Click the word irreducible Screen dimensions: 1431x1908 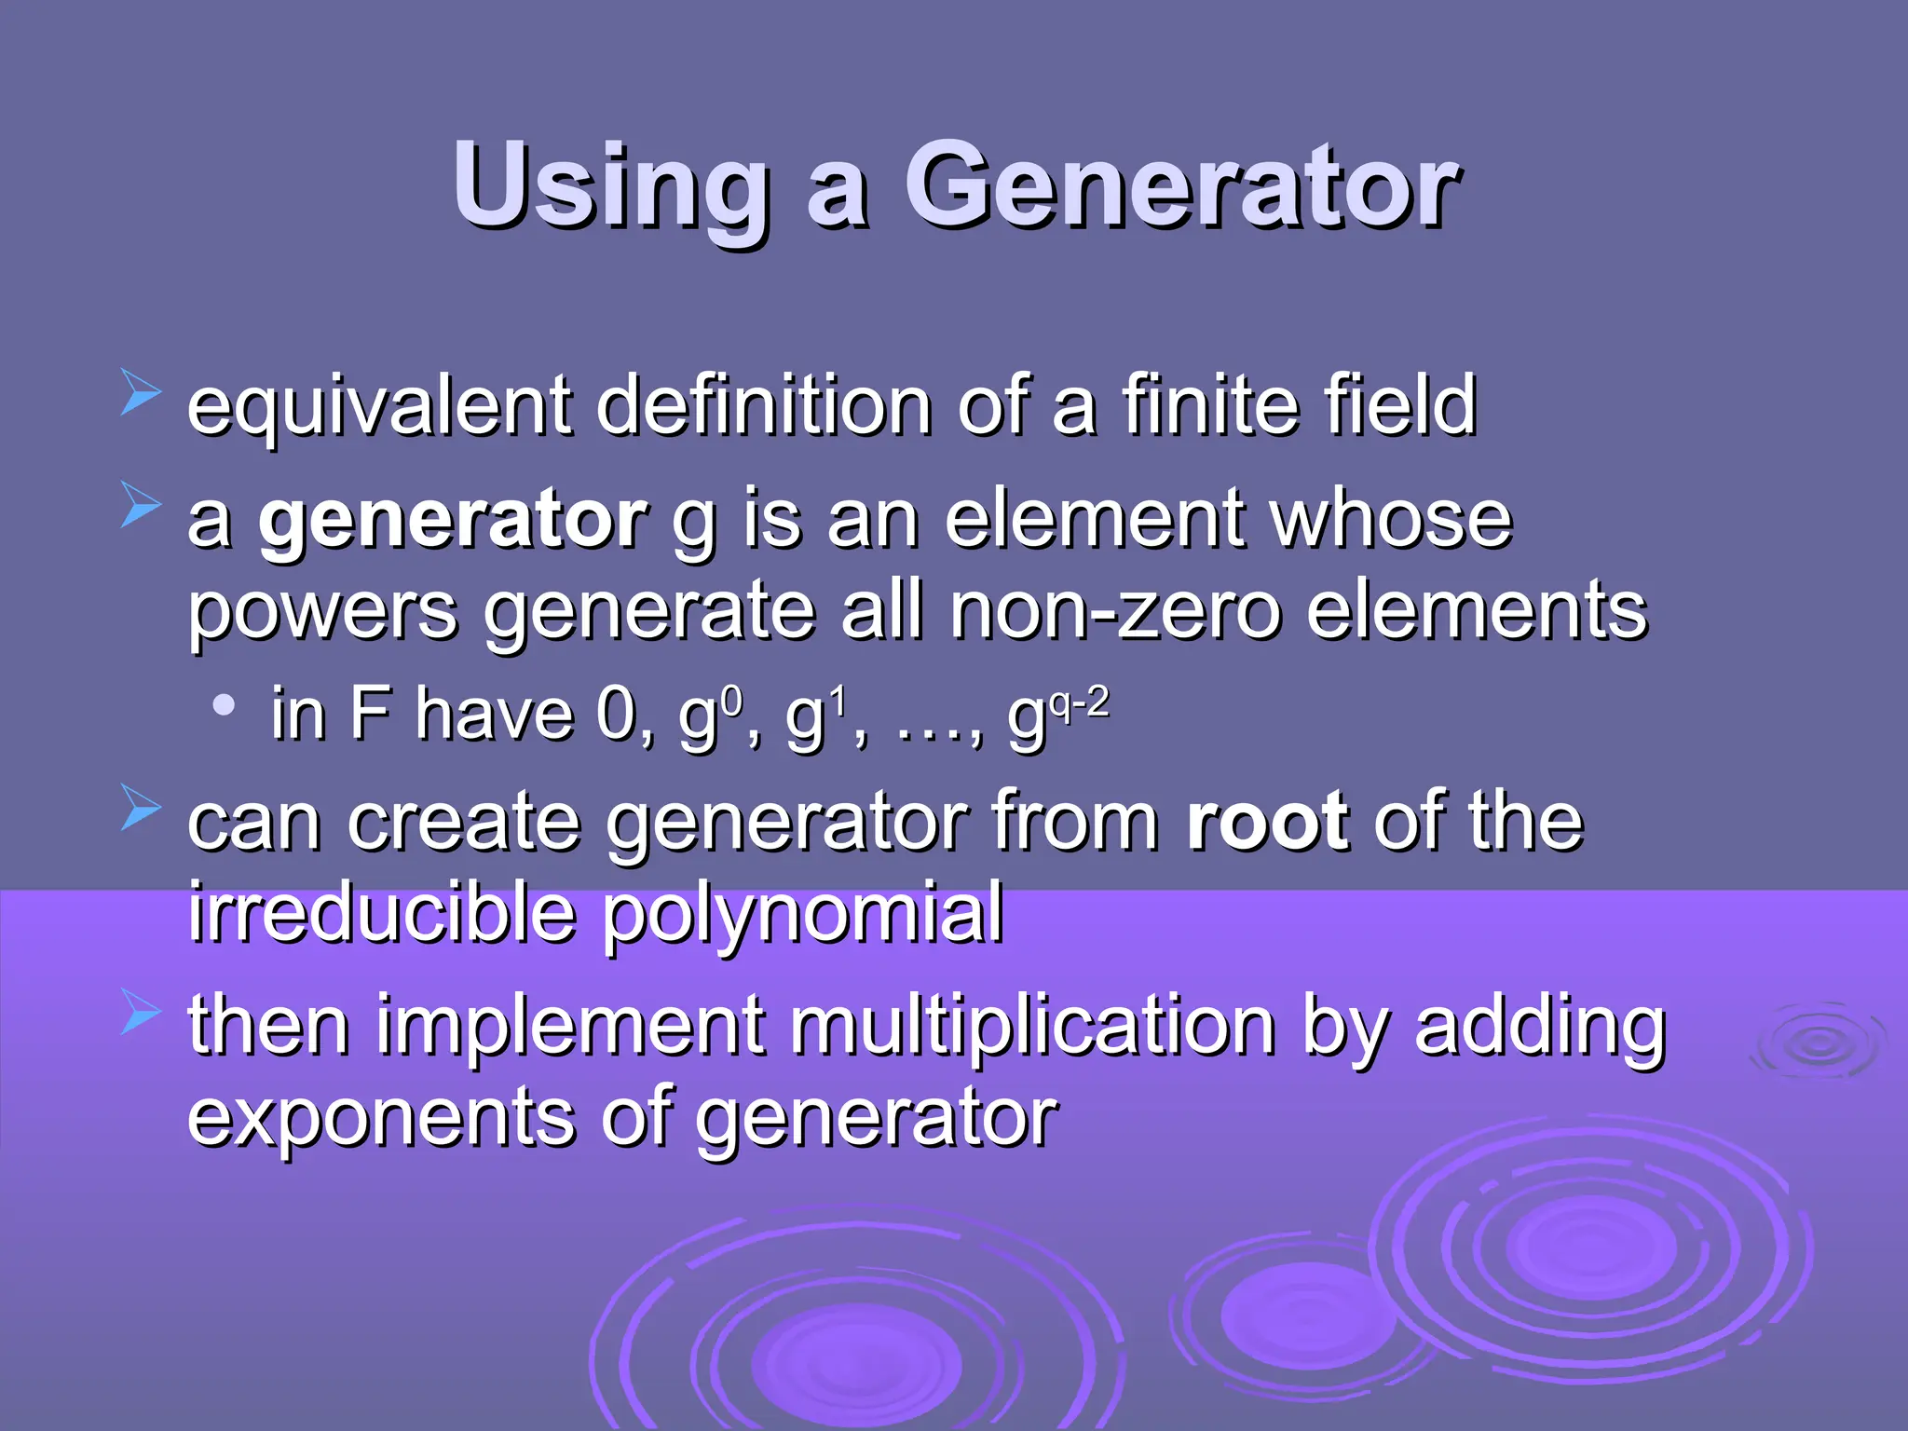382,912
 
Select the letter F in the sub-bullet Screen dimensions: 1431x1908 370,715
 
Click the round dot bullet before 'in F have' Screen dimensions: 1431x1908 224,705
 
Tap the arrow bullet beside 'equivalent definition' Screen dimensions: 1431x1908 141,391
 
